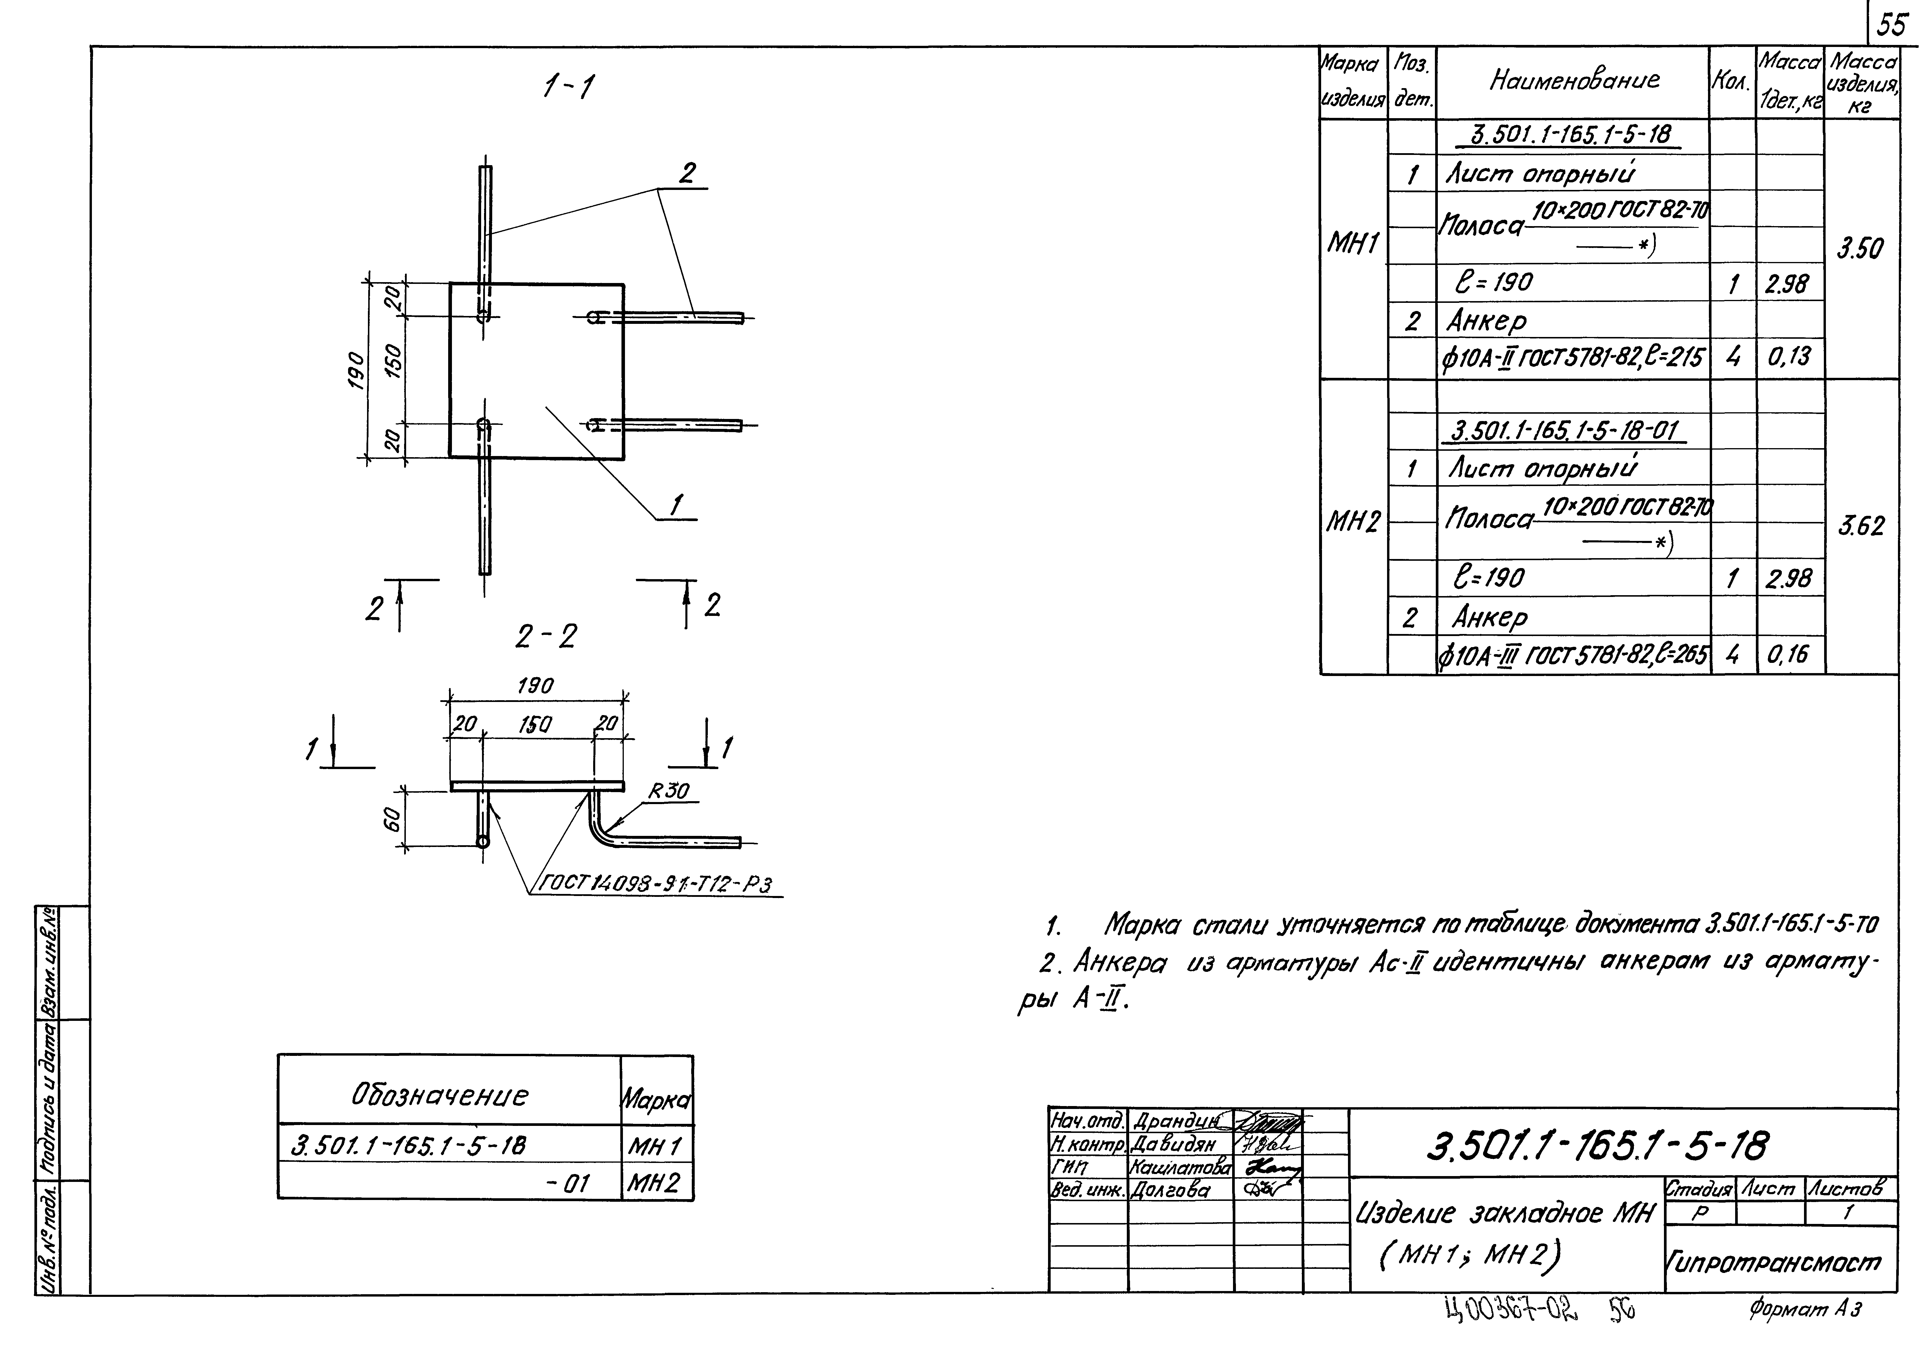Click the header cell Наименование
click(x=1574, y=81)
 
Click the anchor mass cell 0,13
click(x=1789, y=357)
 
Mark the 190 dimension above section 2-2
click(x=535, y=686)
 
